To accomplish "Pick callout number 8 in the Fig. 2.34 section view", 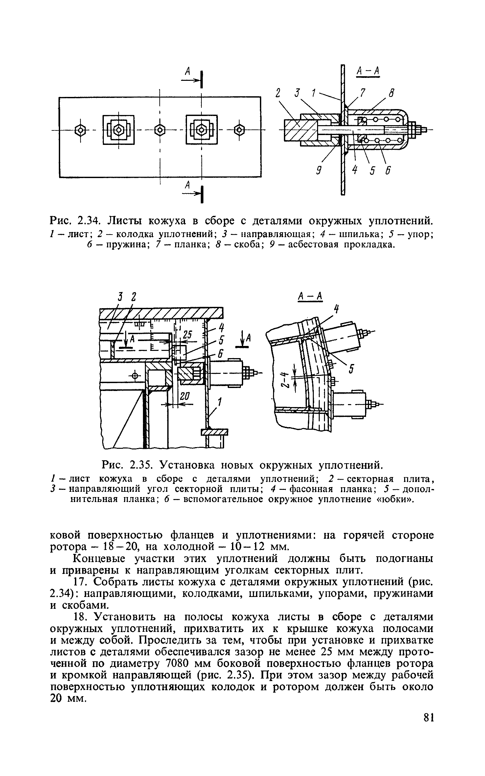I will (391, 94).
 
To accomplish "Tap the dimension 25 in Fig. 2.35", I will (187, 335).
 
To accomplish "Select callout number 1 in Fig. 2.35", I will (219, 401).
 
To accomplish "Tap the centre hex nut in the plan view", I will (160, 130).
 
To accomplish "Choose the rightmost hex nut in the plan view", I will (240, 130).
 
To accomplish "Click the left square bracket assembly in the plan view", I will (118, 130).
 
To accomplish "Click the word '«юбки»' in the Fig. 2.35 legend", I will (394, 500).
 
